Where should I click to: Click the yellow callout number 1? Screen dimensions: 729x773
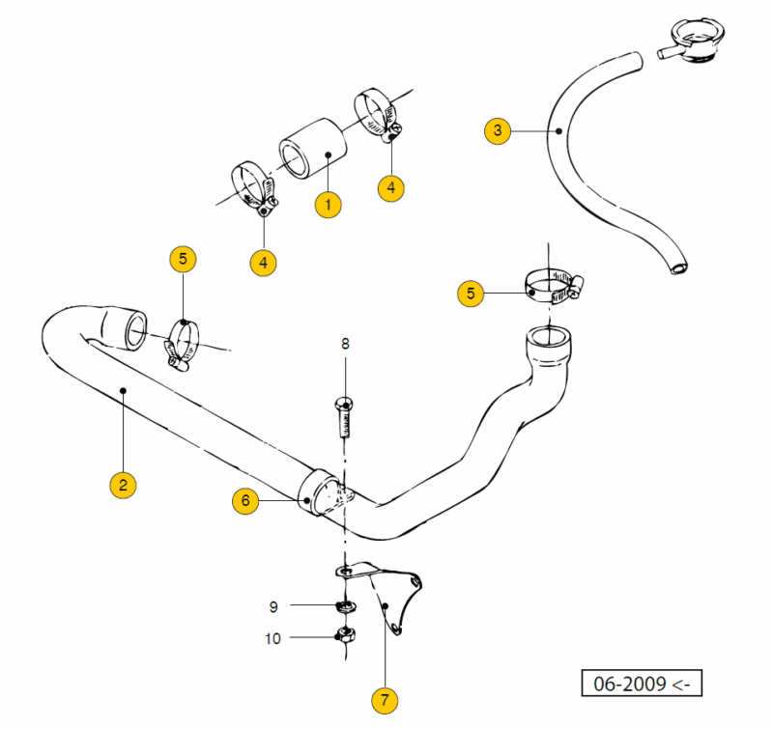point(327,204)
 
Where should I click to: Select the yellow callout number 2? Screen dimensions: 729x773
point(122,484)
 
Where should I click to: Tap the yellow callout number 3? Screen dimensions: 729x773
point(497,129)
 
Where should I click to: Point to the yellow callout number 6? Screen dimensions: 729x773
point(245,500)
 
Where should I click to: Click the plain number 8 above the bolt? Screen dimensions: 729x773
point(345,343)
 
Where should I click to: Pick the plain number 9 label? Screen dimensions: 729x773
point(273,606)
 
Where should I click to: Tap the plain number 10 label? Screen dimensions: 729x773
point(273,637)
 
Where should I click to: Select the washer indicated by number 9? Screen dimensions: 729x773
point(342,606)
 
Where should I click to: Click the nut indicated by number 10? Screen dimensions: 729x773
point(342,635)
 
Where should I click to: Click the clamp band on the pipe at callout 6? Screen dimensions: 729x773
point(325,493)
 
